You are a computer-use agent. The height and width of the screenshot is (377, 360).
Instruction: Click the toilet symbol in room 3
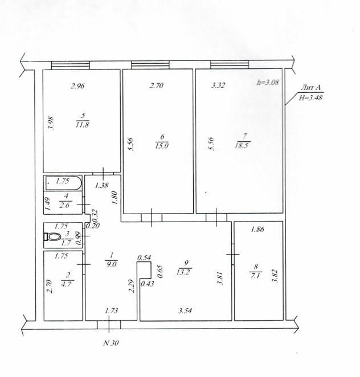51,236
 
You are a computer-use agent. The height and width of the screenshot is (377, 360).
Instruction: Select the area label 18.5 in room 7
242,145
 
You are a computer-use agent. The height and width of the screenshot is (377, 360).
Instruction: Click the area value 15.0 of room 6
162,146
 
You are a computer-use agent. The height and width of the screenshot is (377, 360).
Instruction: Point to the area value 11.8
82,125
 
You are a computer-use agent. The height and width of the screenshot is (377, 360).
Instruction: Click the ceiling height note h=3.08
268,83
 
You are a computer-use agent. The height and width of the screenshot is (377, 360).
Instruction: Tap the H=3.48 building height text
310,97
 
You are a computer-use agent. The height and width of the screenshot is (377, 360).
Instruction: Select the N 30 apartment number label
111,343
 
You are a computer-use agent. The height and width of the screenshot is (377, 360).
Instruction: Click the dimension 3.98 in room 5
51,124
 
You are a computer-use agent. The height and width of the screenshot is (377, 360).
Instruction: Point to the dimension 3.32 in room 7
218,85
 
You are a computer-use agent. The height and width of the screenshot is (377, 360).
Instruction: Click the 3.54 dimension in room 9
185,310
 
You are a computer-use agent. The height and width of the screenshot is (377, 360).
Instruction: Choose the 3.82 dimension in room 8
275,276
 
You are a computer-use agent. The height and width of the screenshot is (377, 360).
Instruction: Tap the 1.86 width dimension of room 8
257,230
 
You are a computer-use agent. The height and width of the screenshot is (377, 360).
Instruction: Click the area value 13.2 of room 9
183,272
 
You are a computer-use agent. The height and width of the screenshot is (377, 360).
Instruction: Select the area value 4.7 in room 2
66,284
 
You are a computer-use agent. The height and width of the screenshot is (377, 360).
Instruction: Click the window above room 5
71,65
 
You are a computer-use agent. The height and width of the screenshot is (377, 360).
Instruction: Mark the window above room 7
230,65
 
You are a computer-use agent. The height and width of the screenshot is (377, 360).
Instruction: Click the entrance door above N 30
109,325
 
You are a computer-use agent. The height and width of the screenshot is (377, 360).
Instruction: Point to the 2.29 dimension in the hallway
132,286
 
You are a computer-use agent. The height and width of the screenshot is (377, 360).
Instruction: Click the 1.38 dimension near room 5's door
102,186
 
